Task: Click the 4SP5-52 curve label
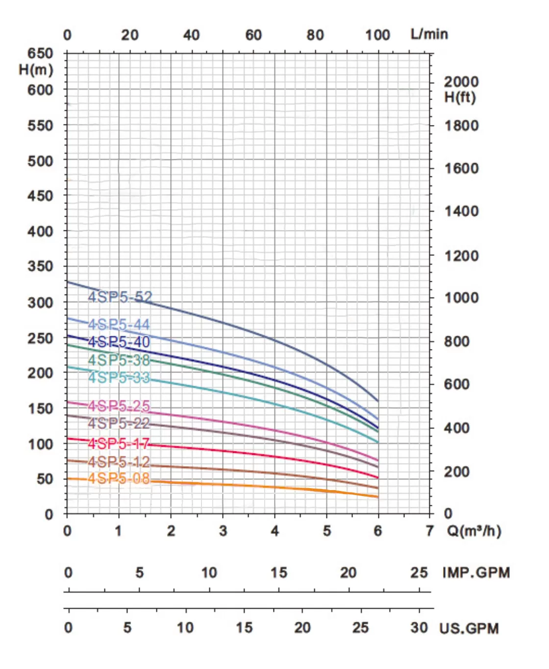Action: coord(120,297)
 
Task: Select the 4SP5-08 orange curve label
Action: coord(119,478)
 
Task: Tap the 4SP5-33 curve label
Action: coord(119,377)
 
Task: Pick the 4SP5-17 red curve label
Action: coord(119,444)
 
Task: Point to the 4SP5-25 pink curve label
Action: coord(119,406)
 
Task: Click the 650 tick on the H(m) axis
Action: coord(40,53)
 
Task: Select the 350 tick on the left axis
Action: coord(40,266)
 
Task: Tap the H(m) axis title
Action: coord(36,70)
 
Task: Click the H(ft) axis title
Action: coord(460,97)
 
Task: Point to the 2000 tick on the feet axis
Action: coord(461,82)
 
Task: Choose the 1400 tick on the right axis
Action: coord(461,211)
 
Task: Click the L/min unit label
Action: coord(429,34)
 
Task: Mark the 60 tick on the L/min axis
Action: coord(253,35)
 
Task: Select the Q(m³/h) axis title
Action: coord(474,531)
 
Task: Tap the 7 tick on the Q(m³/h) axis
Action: coord(430,531)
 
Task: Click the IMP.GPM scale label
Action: coord(476,572)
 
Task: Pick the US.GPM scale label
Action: coord(469,628)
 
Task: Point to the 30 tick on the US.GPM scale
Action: coord(419,628)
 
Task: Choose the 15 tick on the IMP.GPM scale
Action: coord(279,572)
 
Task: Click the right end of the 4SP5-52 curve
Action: coord(378,401)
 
